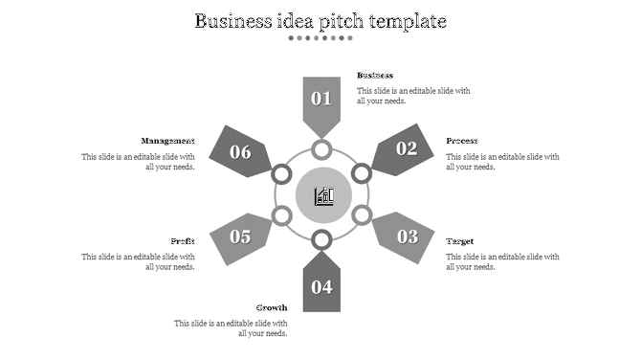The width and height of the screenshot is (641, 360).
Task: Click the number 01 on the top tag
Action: point(321,99)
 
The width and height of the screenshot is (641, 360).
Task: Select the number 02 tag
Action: point(407,148)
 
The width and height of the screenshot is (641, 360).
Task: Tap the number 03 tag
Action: point(407,236)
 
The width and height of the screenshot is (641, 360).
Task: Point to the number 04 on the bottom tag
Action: point(321,286)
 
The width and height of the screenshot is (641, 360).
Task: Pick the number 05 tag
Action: point(240,236)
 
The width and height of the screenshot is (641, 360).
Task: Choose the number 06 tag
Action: point(240,152)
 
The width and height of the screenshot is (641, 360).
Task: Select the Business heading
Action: point(375,75)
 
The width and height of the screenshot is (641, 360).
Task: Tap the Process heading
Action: point(462,141)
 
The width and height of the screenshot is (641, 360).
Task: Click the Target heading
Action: point(460,241)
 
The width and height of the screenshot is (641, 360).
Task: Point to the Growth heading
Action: point(272,307)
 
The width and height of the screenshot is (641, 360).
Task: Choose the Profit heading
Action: point(183,241)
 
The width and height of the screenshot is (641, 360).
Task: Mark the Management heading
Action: point(167,141)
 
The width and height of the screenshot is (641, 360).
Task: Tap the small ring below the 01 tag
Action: point(321,149)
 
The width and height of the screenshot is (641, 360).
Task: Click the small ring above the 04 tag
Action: point(321,239)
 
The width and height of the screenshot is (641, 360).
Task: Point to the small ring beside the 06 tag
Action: point(282,173)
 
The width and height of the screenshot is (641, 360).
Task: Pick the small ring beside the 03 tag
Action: point(362,215)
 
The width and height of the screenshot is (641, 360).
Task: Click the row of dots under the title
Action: point(321,38)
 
